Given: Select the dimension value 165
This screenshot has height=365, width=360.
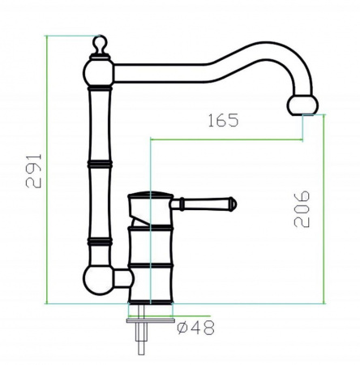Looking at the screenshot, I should coord(222,122).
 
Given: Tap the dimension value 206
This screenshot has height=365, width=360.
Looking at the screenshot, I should coord(301,208).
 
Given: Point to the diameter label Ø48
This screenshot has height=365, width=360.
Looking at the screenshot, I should coord(194,329).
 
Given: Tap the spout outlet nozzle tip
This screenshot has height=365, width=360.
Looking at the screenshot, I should coord(304,105).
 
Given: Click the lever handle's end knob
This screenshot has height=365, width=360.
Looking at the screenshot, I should coord(232,204).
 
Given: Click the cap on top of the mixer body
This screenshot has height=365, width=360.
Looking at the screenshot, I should coord(151,197).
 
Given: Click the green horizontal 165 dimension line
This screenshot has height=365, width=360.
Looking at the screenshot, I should coord(227,139).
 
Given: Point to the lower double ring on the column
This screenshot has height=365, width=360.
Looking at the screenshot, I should coord(99,242).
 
